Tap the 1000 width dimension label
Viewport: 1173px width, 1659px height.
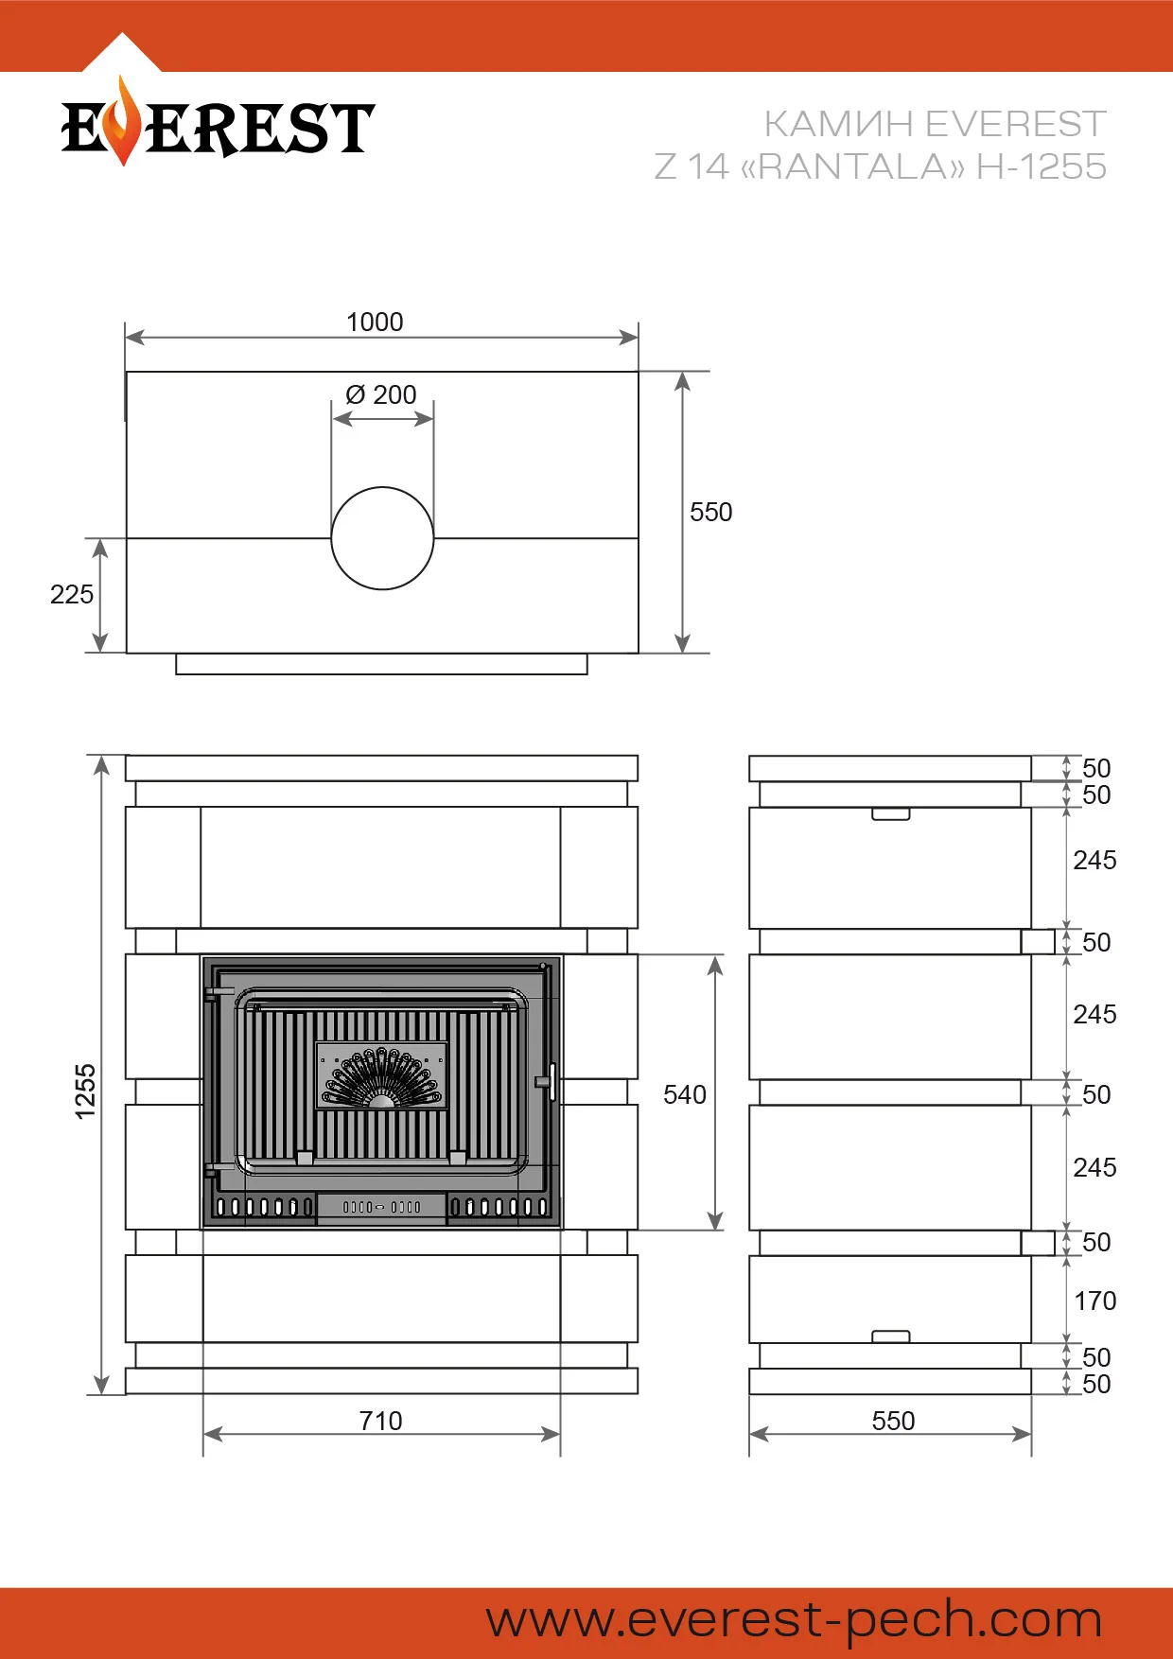tap(375, 323)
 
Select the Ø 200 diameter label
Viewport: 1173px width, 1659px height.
tap(381, 394)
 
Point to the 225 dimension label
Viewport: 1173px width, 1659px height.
tap(72, 595)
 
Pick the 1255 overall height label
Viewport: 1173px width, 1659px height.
tap(86, 1091)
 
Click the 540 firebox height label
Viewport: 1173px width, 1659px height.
tap(685, 1095)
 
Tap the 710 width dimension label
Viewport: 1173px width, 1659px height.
tap(381, 1422)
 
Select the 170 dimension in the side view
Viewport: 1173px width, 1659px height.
tap(1095, 1301)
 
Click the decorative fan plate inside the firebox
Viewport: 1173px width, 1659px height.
tap(381, 1076)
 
